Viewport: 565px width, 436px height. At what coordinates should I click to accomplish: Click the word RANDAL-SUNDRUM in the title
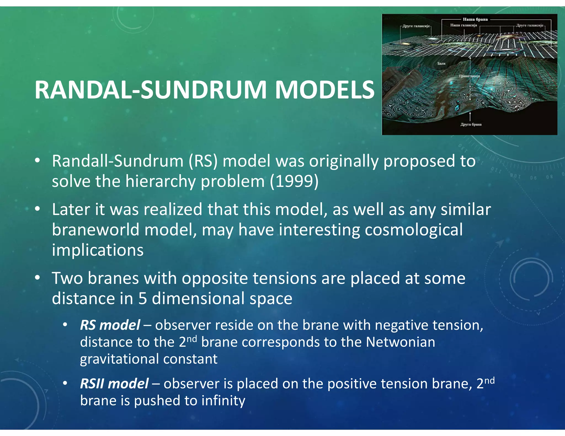tap(150, 90)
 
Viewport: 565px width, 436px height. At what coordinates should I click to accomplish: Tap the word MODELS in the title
tap(325, 90)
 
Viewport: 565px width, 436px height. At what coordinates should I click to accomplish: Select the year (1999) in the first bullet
tap(294, 181)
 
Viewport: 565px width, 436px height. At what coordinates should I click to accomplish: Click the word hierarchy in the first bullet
tap(160, 181)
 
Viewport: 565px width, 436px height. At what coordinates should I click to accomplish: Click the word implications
tap(98, 250)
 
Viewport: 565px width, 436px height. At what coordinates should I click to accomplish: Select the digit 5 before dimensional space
tap(142, 298)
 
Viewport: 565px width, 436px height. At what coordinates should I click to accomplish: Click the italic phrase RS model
tap(110, 325)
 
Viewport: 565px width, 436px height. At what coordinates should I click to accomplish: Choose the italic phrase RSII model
tap(114, 383)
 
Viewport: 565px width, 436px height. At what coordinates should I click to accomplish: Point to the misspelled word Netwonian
tap(400, 342)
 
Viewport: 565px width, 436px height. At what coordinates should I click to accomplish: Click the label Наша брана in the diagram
tap(475, 19)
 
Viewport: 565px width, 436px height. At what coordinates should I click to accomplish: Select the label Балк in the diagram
tap(441, 63)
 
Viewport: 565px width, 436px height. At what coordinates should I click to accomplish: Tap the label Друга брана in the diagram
tap(471, 124)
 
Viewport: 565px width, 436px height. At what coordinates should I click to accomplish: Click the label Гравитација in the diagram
tap(469, 76)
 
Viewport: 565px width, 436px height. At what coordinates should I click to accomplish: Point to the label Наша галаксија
tap(463, 25)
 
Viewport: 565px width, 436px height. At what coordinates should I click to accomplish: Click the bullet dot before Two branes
tap(38, 277)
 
